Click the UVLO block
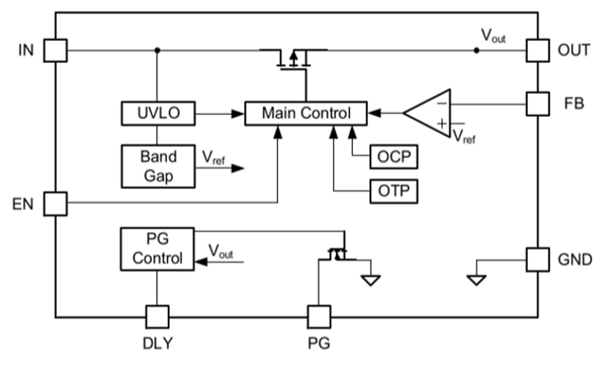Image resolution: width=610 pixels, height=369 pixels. coord(158,114)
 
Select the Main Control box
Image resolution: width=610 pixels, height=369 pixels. coord(306,114)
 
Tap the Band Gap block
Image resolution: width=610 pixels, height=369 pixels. coord(158,166)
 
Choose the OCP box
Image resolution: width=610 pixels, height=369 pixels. coord(394,158)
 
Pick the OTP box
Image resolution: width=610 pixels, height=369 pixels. coord(394,191)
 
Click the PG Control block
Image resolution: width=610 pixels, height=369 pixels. coord(157,249)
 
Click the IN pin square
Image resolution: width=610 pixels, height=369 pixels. coord(56,50)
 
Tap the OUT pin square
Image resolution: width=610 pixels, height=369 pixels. coord(538,50)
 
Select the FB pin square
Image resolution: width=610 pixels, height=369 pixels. coord(538,103)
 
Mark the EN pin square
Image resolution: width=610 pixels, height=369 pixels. coord(56,203)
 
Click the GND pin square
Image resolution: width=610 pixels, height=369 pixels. coord(538,259)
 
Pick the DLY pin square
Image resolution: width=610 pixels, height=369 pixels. coord(157,317)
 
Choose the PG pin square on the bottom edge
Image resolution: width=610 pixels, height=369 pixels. coord(320,317)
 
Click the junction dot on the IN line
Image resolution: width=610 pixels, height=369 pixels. coord(157,50)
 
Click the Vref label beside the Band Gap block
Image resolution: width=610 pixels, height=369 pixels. coord(214,158)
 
